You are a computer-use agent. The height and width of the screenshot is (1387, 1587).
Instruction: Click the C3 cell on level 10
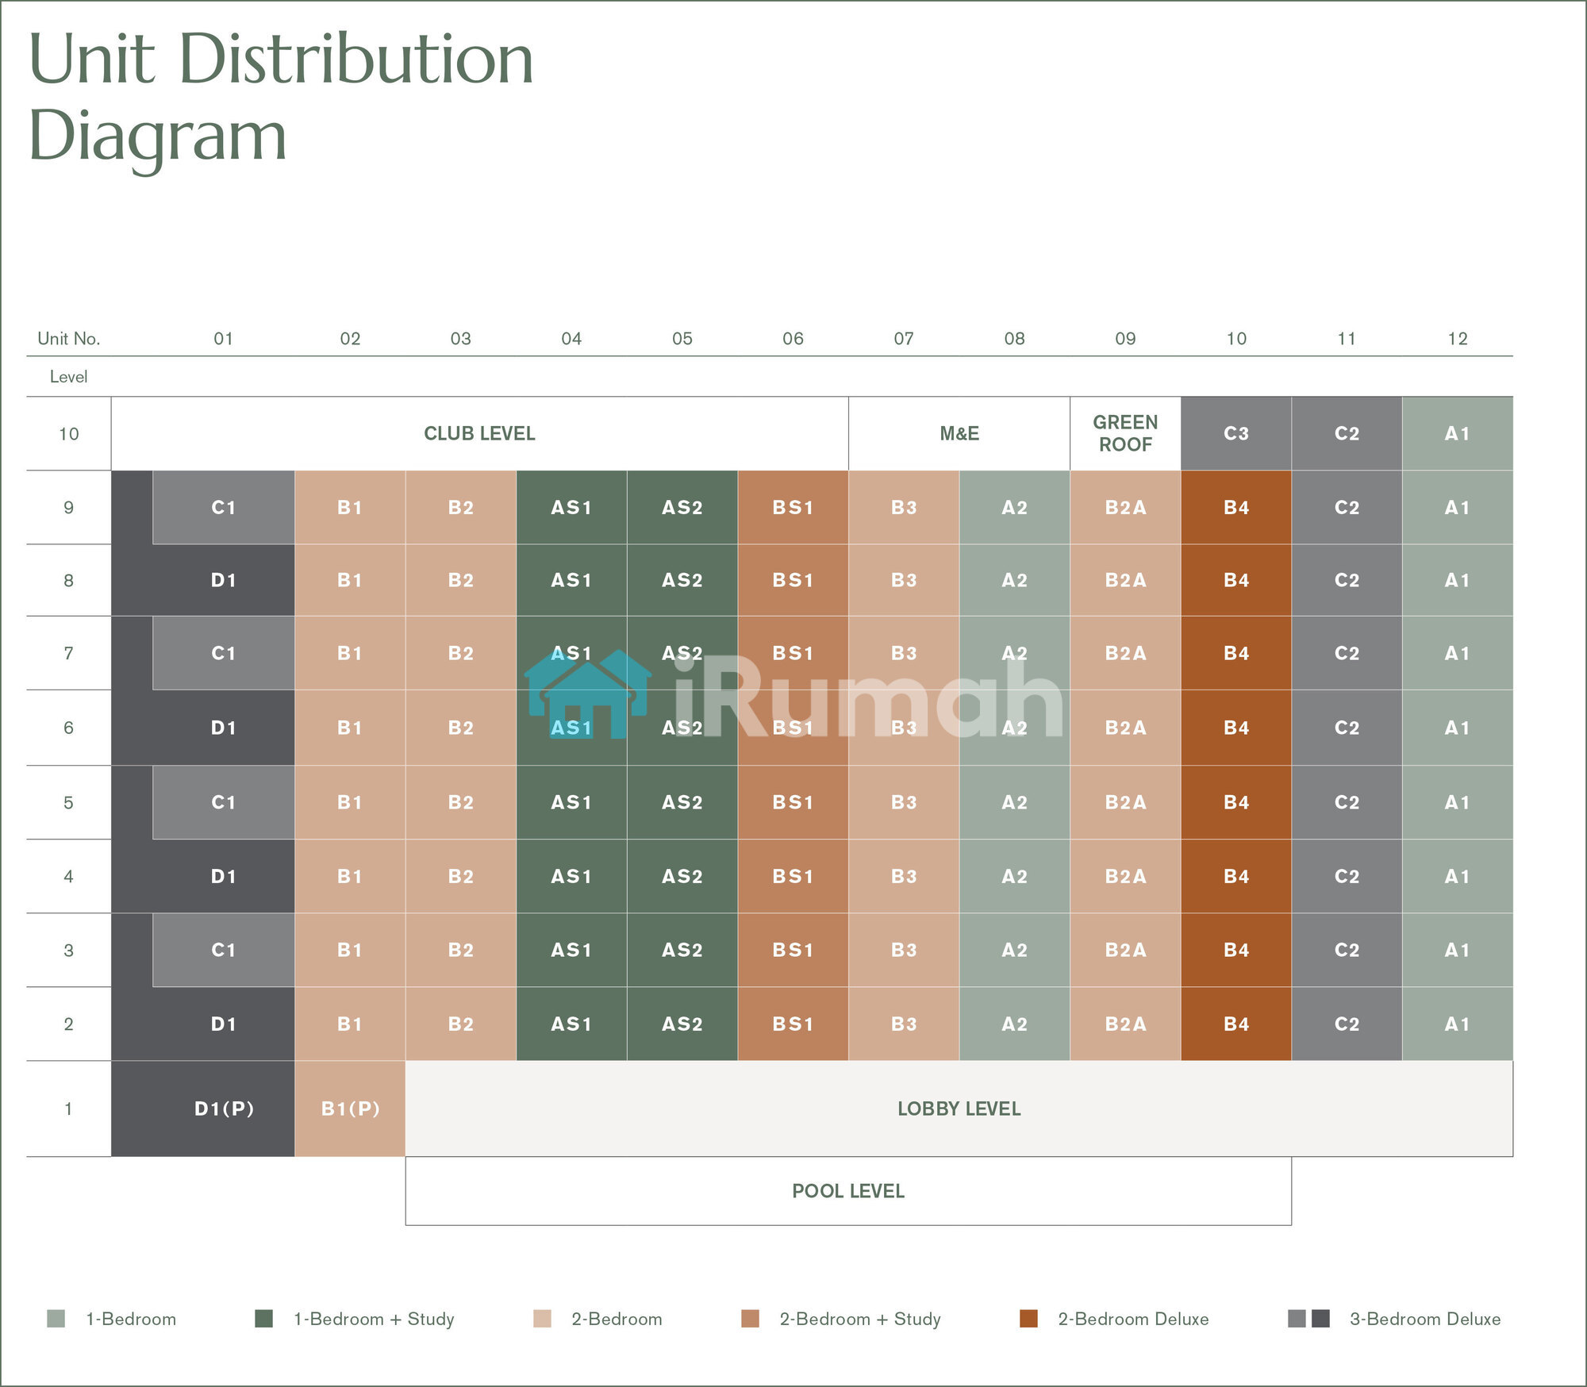(x=1235, y=433)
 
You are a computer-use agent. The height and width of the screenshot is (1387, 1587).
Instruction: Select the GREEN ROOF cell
(x=1125, y=433)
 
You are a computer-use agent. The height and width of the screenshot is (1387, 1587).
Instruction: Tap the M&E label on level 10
(x=959, y=433)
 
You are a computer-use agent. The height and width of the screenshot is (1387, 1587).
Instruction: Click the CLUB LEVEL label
(x=479, y=433)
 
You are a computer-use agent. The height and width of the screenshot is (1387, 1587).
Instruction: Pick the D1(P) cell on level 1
(x=224, y=1108)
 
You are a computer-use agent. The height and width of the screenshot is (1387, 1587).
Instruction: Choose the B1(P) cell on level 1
(x=350, y=1108)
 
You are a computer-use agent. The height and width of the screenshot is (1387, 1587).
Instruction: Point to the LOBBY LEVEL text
(x=959, y=1108)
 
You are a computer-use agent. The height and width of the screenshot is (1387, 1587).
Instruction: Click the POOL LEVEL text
(x=847, y=1191)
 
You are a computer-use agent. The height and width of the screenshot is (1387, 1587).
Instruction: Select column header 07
(x=903, y=339)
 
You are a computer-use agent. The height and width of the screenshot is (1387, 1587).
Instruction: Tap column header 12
(x=1457, y=339)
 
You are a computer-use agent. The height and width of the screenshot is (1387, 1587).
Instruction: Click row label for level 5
(x=68, y=802)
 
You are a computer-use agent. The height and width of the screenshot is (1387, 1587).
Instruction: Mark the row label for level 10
(x=68, y=434)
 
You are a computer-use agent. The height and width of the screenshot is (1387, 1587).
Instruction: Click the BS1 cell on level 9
(x=793, y=507)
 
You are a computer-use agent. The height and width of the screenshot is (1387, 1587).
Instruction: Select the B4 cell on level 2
(x=1235, y=1024)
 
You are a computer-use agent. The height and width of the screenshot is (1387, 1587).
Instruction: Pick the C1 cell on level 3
(x=223, y=950)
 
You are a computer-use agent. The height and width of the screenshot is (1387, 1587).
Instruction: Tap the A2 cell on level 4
(x=1014, y=876)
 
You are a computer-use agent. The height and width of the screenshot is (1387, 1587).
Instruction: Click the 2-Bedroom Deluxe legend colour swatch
(x=1028, y=1319)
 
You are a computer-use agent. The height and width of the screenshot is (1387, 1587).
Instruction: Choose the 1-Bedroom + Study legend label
(x=374, y=1319)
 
